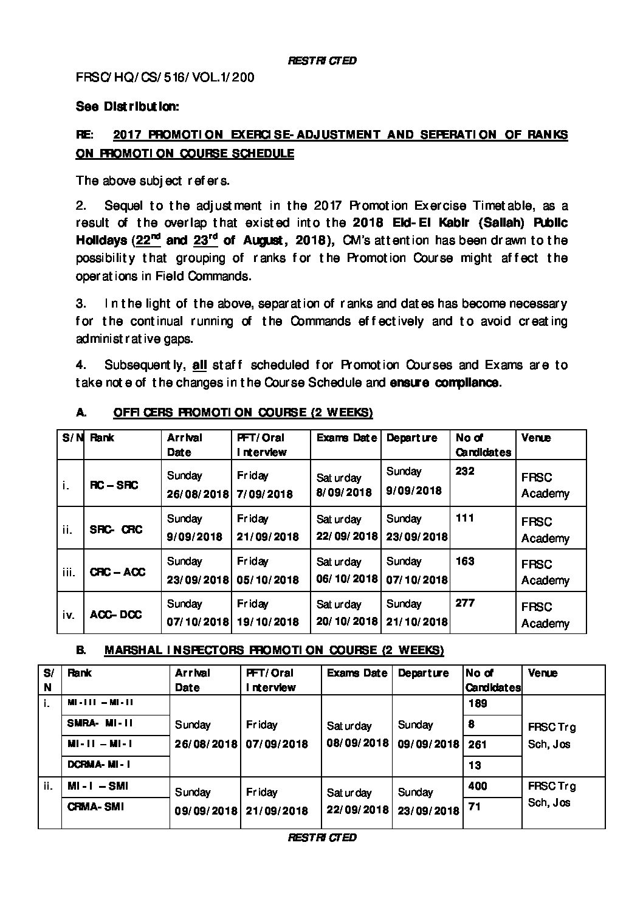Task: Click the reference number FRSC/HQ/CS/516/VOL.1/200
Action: [x=165, y=77]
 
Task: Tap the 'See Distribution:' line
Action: [x=127, y=106]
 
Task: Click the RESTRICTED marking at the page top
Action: [x=321, y=60]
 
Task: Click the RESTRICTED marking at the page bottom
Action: [x=321, y=837]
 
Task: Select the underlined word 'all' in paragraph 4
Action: [x=199, y=365]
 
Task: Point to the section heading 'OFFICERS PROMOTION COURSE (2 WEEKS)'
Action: [x=242, y=413]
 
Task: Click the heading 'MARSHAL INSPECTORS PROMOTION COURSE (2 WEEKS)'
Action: [x=274, y=650]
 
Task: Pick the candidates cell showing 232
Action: [x=465, y=471]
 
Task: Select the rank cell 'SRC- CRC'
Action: [x=116, y=529]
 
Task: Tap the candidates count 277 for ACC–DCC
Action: [x=465, y=603]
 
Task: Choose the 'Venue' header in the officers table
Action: [x=536, y=438]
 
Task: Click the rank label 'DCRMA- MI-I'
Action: [x=99, y=764]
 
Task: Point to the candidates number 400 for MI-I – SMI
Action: [x=478, y=786]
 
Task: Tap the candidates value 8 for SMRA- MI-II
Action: [x=471, y=723]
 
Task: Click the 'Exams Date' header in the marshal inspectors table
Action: [x=357, y=673]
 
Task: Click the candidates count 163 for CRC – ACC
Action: [x=465, y=560]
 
